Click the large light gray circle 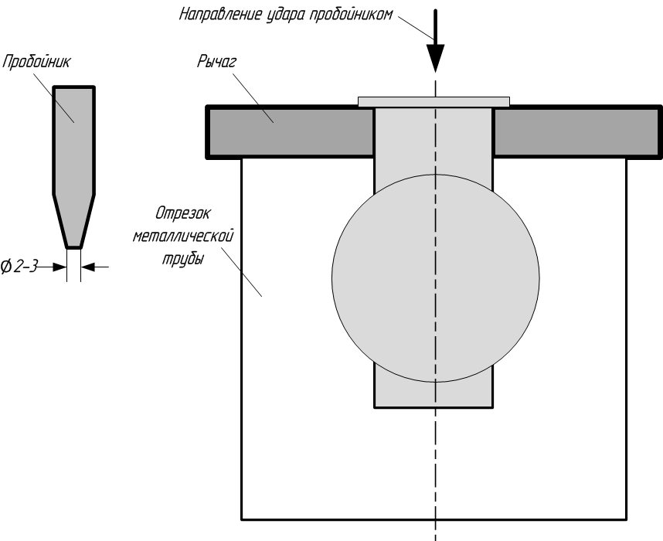tap(402, 278)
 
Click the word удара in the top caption tap(288, 14)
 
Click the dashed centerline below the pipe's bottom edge tap(436, 530)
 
